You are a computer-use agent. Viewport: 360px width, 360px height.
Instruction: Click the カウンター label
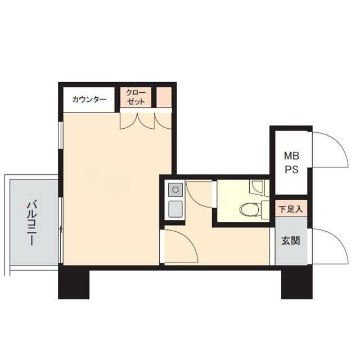tap(89, 100)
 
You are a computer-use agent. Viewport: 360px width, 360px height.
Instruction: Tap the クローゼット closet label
tap(136, 97)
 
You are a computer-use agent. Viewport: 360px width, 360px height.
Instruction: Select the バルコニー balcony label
tap(31, 223)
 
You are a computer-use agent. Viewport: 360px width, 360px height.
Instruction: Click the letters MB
tap(291, 156)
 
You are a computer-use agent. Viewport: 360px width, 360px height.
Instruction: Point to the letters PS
tap(291, 169)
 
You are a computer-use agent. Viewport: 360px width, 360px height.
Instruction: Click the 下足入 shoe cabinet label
tap(291, 209)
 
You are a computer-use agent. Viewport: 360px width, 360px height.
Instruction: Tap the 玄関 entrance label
tap(291, 241)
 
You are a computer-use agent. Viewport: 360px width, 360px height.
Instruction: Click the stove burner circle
tap(175, 190)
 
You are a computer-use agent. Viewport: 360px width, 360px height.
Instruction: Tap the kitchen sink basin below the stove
tap(175, 209)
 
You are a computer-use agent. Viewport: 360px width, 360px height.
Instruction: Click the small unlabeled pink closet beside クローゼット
tap(164, 97)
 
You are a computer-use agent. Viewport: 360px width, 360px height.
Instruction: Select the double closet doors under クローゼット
tap(137, 121)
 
